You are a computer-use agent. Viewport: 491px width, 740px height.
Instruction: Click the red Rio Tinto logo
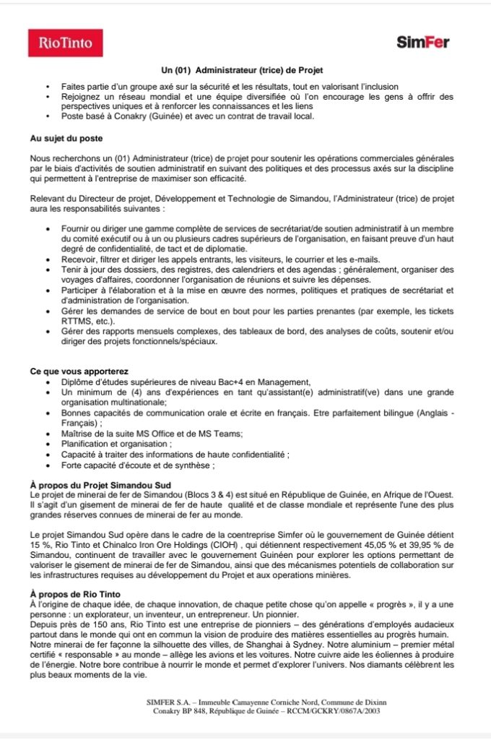click(x=65, y=43)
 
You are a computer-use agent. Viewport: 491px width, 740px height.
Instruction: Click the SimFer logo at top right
click(x=423, y=43)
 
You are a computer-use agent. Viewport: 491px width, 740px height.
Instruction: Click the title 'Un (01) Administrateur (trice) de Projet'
click(x=245, y=70)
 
